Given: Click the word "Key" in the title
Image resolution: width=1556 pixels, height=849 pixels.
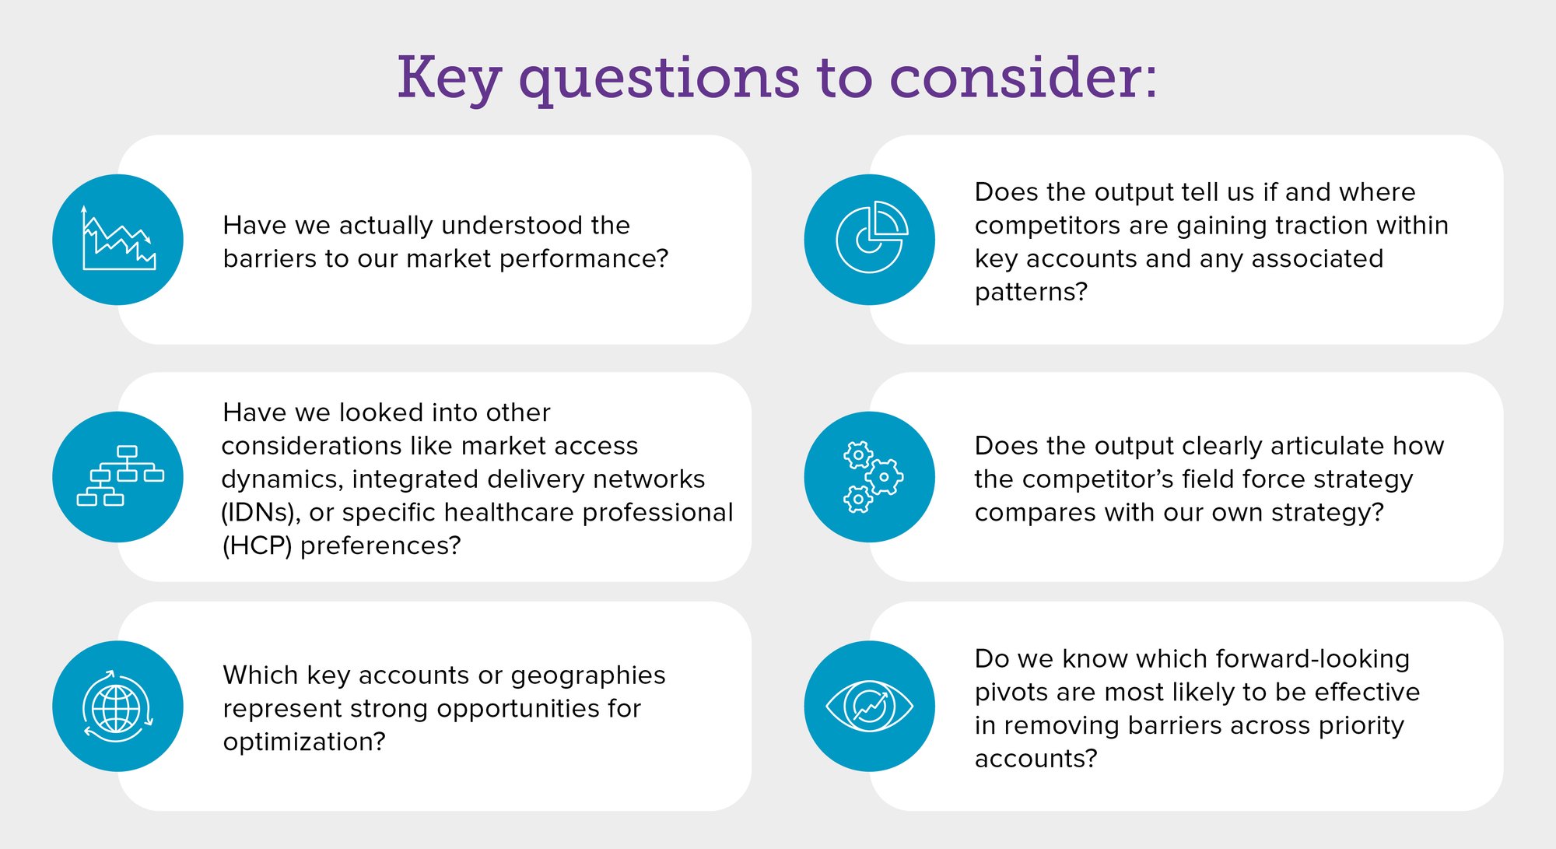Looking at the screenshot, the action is click(x=449, y=79).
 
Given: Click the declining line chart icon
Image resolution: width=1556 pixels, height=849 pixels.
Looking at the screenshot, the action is click(x=118, y=239).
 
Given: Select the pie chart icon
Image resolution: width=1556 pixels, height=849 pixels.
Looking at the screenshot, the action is click(x=870, y=237).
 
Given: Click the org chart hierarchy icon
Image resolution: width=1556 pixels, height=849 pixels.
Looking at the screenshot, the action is click(x=120, y=475).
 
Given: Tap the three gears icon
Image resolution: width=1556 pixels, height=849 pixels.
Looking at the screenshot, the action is click(x=872, y=477).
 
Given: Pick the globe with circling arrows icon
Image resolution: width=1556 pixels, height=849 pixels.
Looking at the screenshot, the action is click(x=117, y=707).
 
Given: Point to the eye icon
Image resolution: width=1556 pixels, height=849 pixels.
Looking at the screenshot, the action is click(x=869, y=707).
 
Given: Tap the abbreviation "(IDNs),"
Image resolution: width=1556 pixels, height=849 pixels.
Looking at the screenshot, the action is click(x=261, y=513).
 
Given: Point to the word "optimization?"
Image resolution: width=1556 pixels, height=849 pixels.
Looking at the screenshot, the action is click(x=304, y=742).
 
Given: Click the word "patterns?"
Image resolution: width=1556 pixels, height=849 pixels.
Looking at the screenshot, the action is click(x=1031, y=293).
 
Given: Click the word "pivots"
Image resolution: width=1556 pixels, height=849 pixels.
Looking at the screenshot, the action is click(x=1011, y=693).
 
